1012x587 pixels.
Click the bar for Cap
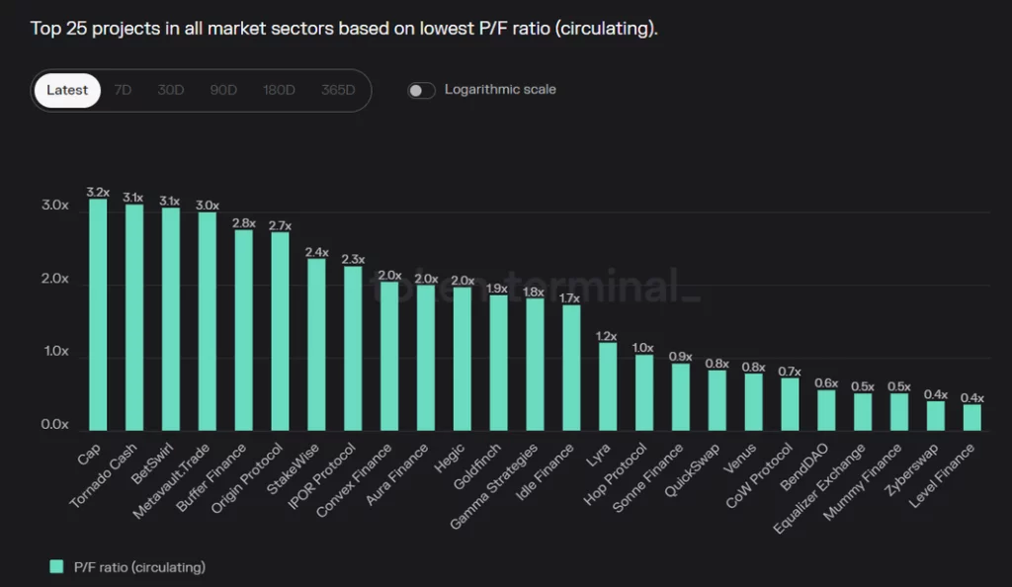coord(98,314)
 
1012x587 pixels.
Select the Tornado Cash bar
coord(134,317)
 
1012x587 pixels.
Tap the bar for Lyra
coord(607,386)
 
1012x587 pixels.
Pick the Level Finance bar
coord(971,417)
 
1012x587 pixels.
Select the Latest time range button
coord(67,90)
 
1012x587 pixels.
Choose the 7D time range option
coord(123,90)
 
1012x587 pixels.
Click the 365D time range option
coord(338,90)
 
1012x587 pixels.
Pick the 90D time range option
coord(223,90)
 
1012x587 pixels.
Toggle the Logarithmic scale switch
coord(422,91)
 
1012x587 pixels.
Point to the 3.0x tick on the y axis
coord(54,206)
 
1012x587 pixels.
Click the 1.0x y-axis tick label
coord(54,352)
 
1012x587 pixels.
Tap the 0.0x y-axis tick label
coord(54,425)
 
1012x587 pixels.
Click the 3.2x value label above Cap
coord(98,192)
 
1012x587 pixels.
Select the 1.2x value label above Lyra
coord(607,336)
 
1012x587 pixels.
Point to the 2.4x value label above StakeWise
coord(316,252)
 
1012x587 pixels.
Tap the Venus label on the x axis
coord(741,457)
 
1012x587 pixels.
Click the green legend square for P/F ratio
coord(56,566)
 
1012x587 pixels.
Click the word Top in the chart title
coord(45,28)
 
